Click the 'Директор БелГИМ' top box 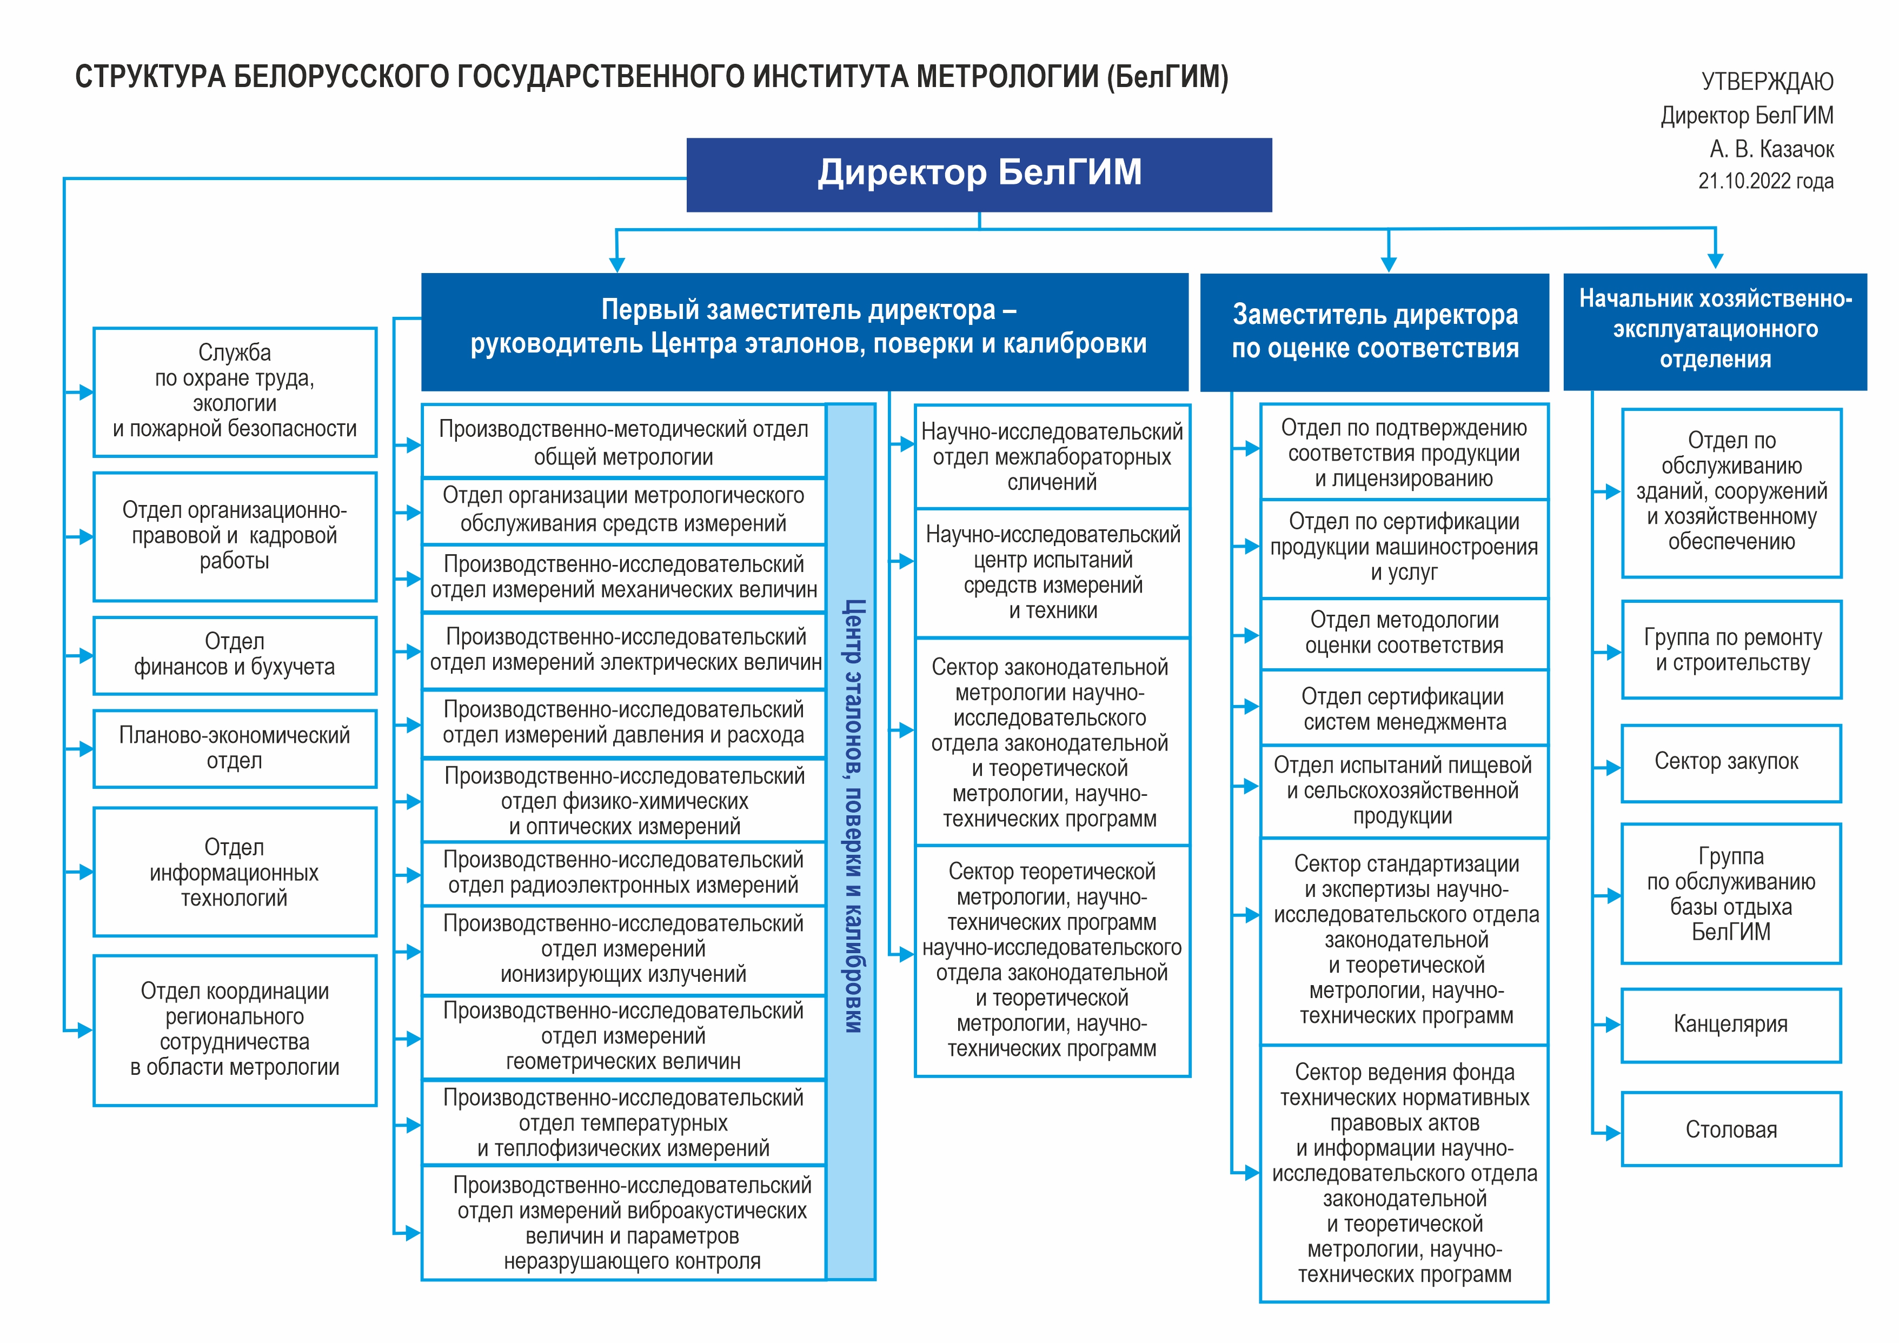[979, 175]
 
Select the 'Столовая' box [1731, 1129]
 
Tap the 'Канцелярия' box [1731, 1025]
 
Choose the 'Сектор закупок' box [1731, 762]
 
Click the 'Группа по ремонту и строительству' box [1731, 650]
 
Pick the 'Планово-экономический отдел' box [235, 748]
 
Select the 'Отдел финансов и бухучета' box [235, 655]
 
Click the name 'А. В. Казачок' [1771, 149]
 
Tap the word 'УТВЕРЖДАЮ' [1768, 81]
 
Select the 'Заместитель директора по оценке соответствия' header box [1375, 331]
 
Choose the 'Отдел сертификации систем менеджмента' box [1404, 709]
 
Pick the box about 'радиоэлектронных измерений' [623, 873]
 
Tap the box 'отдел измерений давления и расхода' [623, 723]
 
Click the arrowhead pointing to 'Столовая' [1612, 1133]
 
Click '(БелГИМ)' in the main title [1168, 77]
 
